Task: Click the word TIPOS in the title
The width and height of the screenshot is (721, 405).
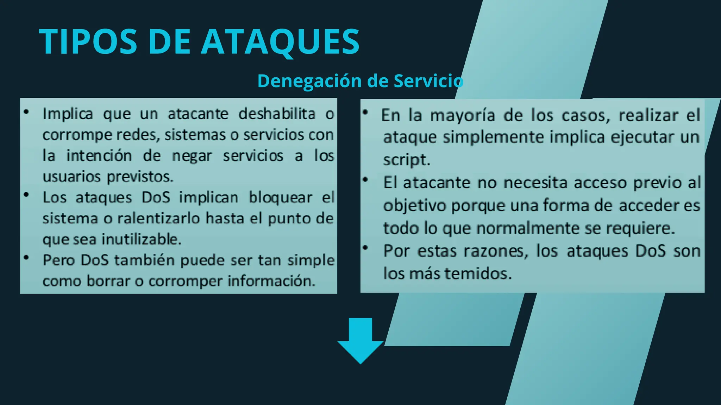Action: click(x=88, y=42)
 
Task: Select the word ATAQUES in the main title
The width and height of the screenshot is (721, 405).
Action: click(x=280, y=42)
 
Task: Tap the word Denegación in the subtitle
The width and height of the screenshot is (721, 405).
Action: click(x=309, y=81)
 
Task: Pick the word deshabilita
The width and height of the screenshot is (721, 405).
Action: click(x=277, y=114)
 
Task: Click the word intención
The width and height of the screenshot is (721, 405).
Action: click(x=99, y=155)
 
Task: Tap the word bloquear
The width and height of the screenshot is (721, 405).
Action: click(x=280, y=197)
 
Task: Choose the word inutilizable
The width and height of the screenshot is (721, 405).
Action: click(x=142, y=239)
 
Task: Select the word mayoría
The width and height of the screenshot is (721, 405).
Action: click(x=463, y=115)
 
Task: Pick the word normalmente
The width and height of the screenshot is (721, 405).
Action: click(x=527, y=228)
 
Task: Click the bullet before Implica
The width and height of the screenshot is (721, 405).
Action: click(x=26, y=112)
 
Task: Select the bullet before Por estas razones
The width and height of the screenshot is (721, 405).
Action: click(x=365, y=248)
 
